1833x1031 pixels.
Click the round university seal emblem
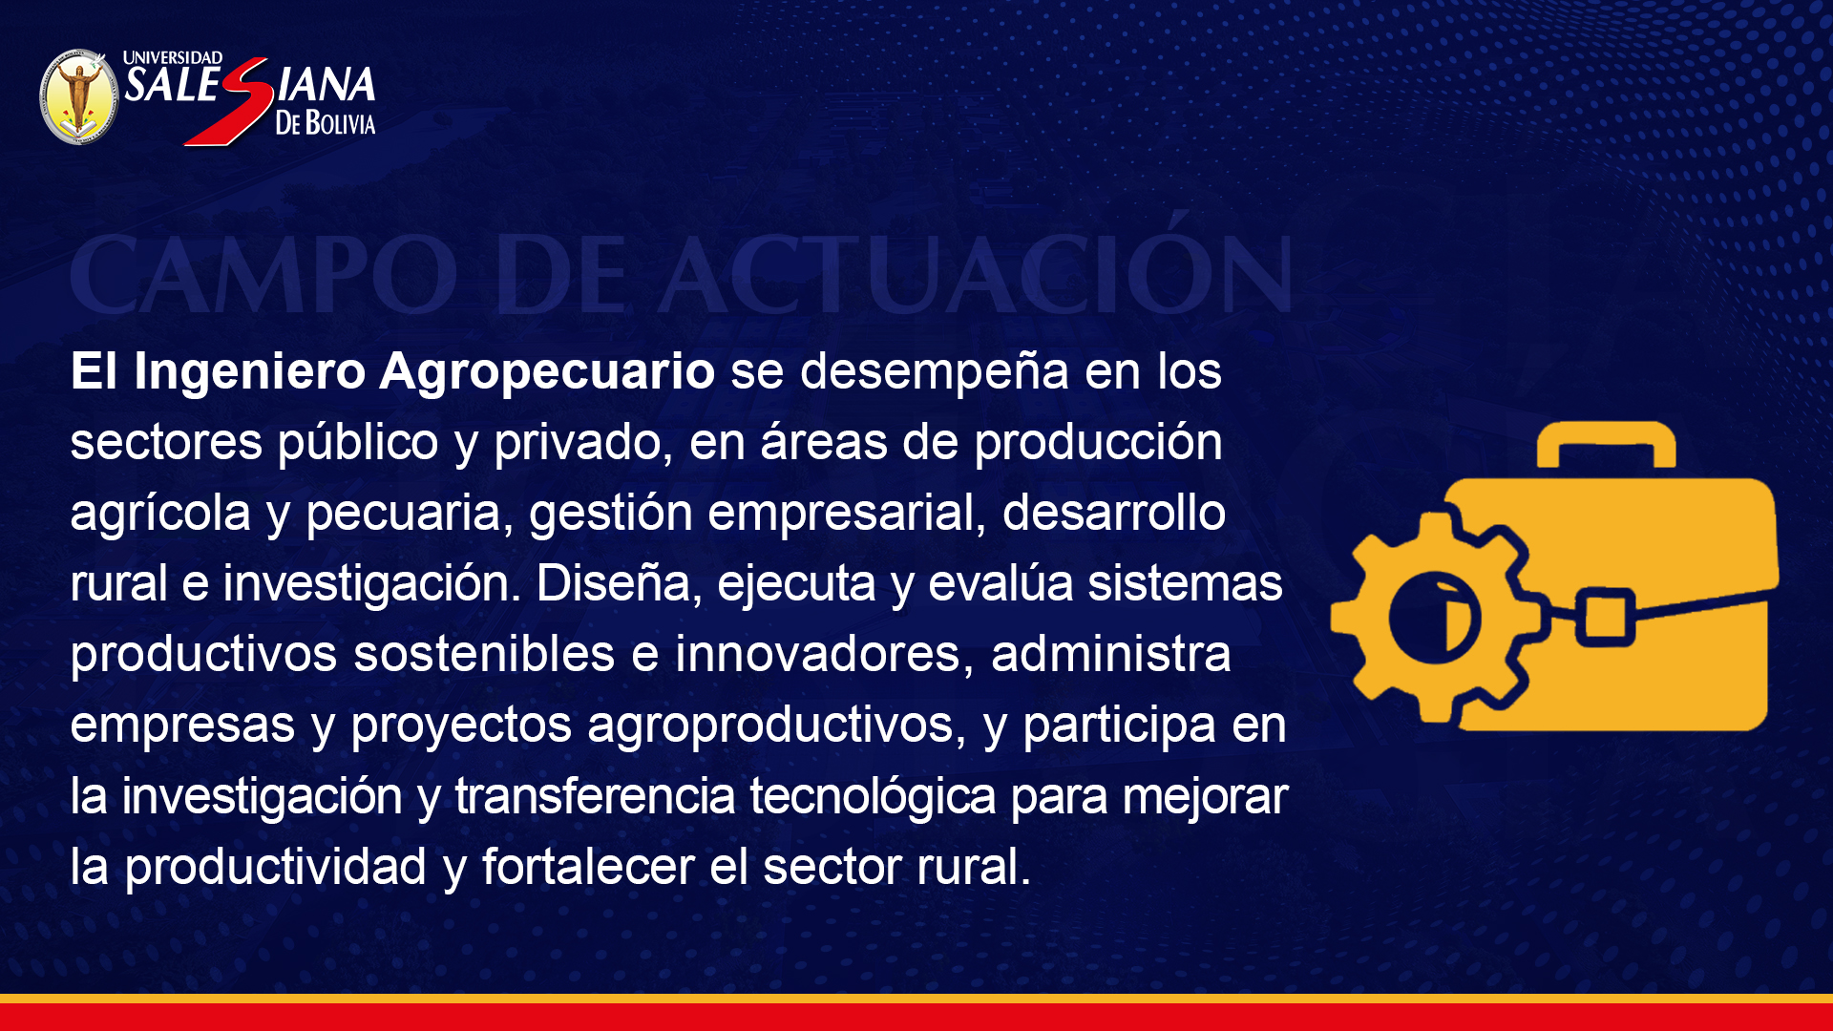[x=79, y=97]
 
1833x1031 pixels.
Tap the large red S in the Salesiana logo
[x=229, y=101]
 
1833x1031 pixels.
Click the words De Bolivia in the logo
[x=326, y=122]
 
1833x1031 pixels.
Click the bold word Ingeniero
[x=250, y=372]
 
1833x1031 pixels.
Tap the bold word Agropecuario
[x=547, y=372]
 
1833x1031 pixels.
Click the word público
[x=358, y=443]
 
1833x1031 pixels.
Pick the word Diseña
[x=614, y=584]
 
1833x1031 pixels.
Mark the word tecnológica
[x=873, y=796]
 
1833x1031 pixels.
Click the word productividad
[x=276, y=867]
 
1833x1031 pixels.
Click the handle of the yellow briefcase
[x=1606, y=442]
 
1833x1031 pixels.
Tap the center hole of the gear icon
[x=1434, y=619]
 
